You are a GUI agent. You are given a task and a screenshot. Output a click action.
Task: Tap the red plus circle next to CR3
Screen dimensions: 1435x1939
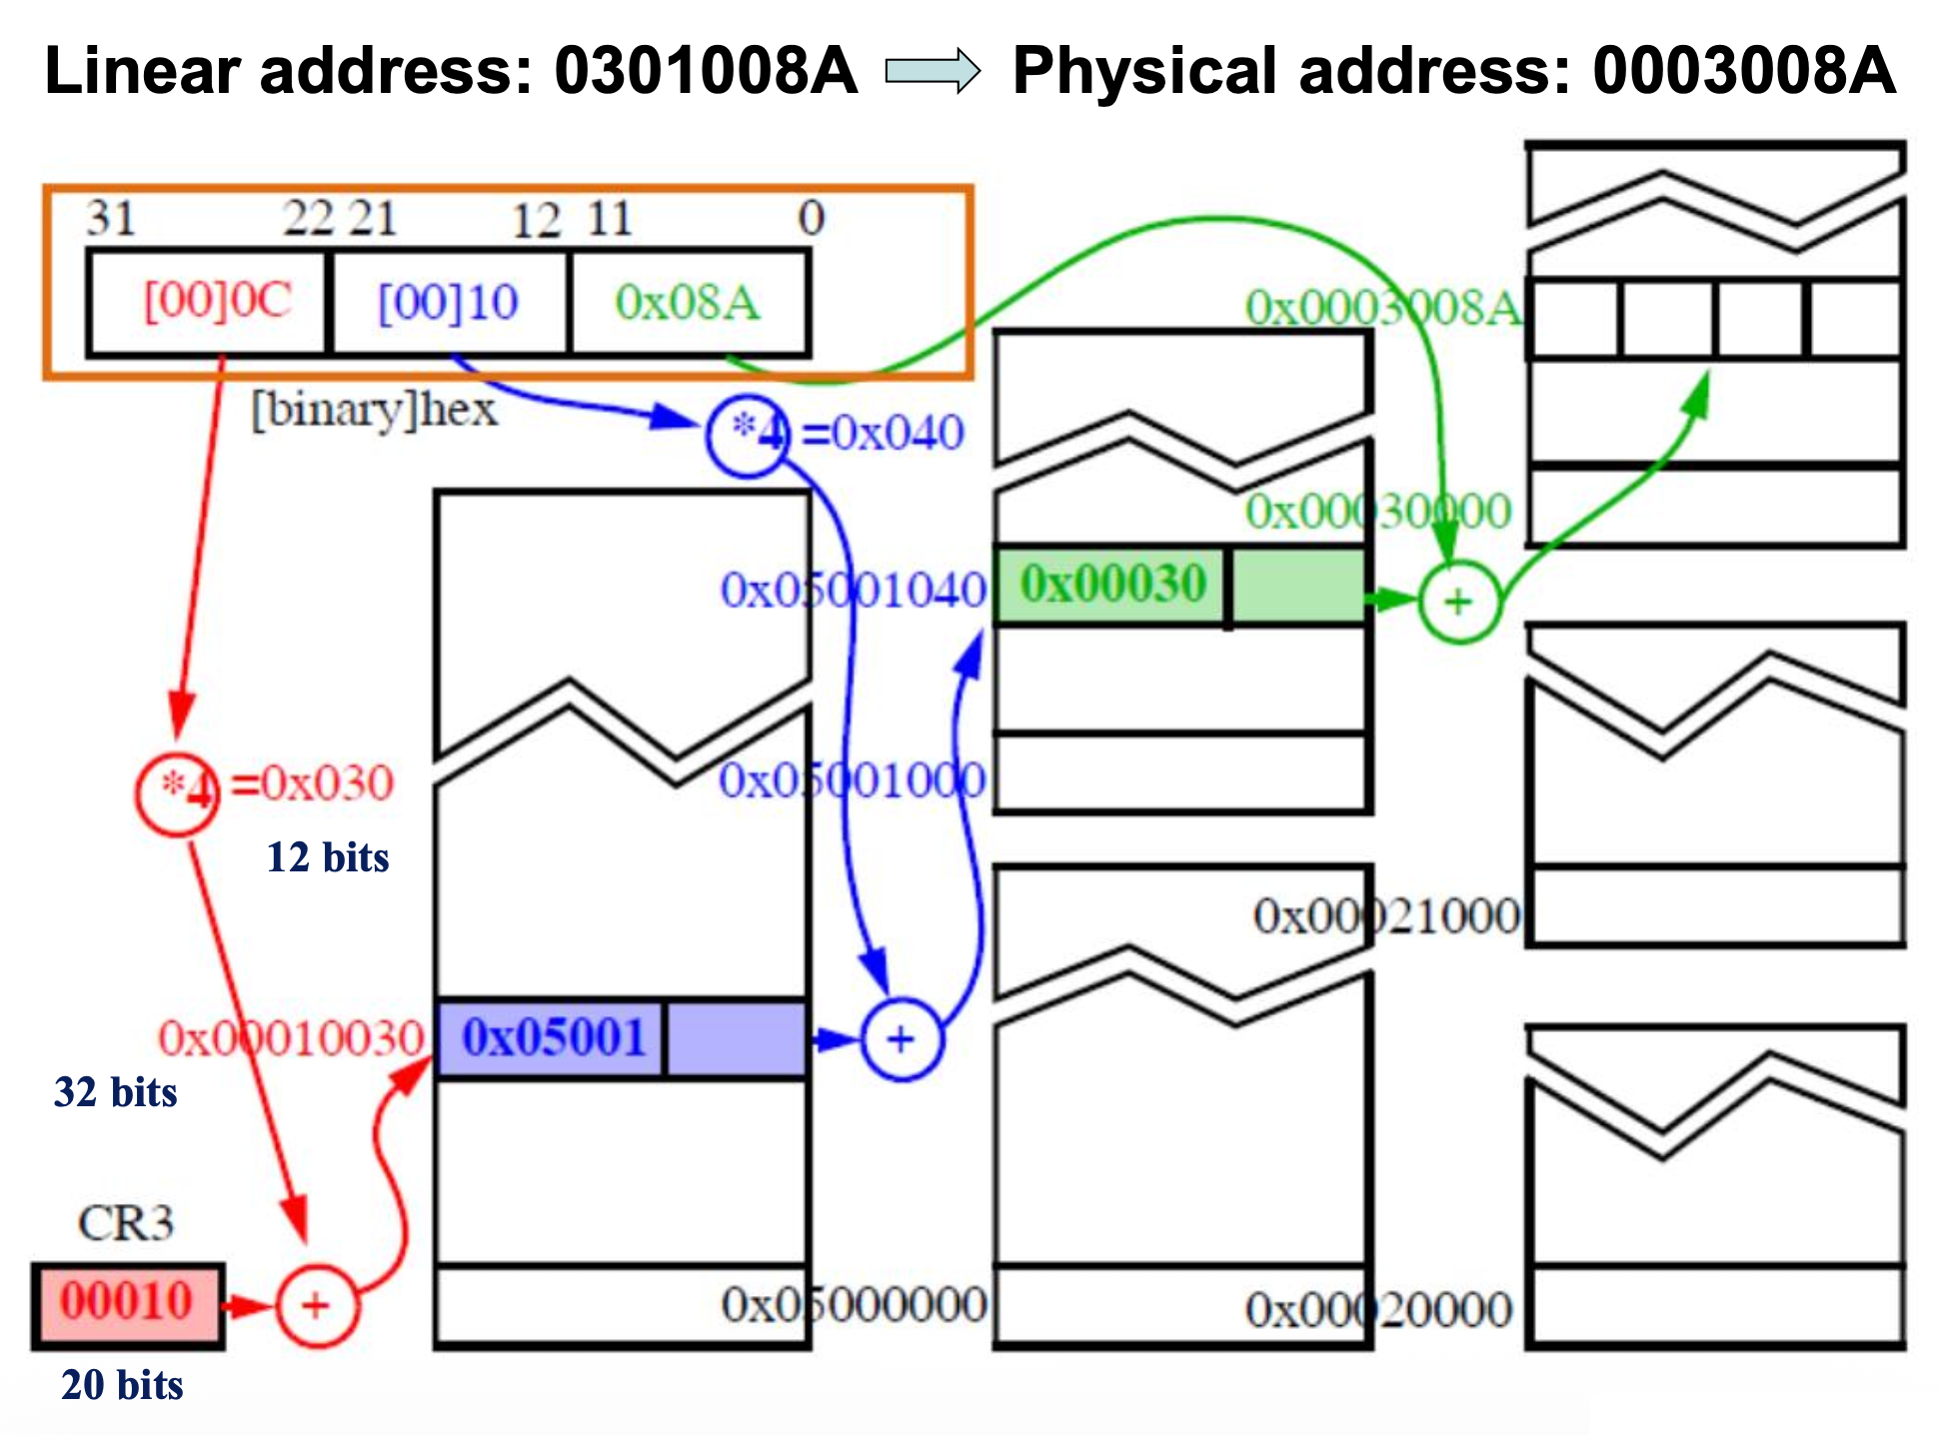[316, 1305]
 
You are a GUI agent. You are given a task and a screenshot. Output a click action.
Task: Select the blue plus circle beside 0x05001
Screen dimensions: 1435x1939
[901, 1039]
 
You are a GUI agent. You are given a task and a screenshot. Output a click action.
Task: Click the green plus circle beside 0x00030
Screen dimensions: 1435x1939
[1458, 601]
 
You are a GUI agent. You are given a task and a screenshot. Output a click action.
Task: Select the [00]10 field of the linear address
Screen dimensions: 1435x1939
[449, 302]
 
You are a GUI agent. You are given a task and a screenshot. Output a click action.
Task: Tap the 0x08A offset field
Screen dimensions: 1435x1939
[688, 302]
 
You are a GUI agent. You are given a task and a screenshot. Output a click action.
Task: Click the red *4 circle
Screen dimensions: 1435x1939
[178, 792]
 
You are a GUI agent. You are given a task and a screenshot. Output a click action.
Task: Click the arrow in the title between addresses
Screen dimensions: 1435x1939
[934, 72]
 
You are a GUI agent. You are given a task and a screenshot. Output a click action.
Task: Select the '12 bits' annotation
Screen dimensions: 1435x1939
[327, 857]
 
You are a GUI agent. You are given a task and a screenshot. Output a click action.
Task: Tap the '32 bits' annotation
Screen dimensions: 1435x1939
[115, 1092]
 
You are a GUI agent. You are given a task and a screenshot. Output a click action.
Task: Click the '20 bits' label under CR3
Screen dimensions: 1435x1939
[122, 1385]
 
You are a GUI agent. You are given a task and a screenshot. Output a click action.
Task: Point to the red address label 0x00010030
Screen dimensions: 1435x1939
[291, 1038]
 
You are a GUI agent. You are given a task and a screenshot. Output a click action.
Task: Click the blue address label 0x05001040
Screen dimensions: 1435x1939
[853, 590]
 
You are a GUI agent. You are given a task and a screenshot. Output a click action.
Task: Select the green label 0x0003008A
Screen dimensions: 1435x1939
[1382, 308]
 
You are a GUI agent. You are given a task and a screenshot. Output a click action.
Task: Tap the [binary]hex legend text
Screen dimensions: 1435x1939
[374, 410]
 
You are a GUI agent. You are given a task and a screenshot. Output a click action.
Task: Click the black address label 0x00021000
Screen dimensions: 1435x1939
[1386, 915]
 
